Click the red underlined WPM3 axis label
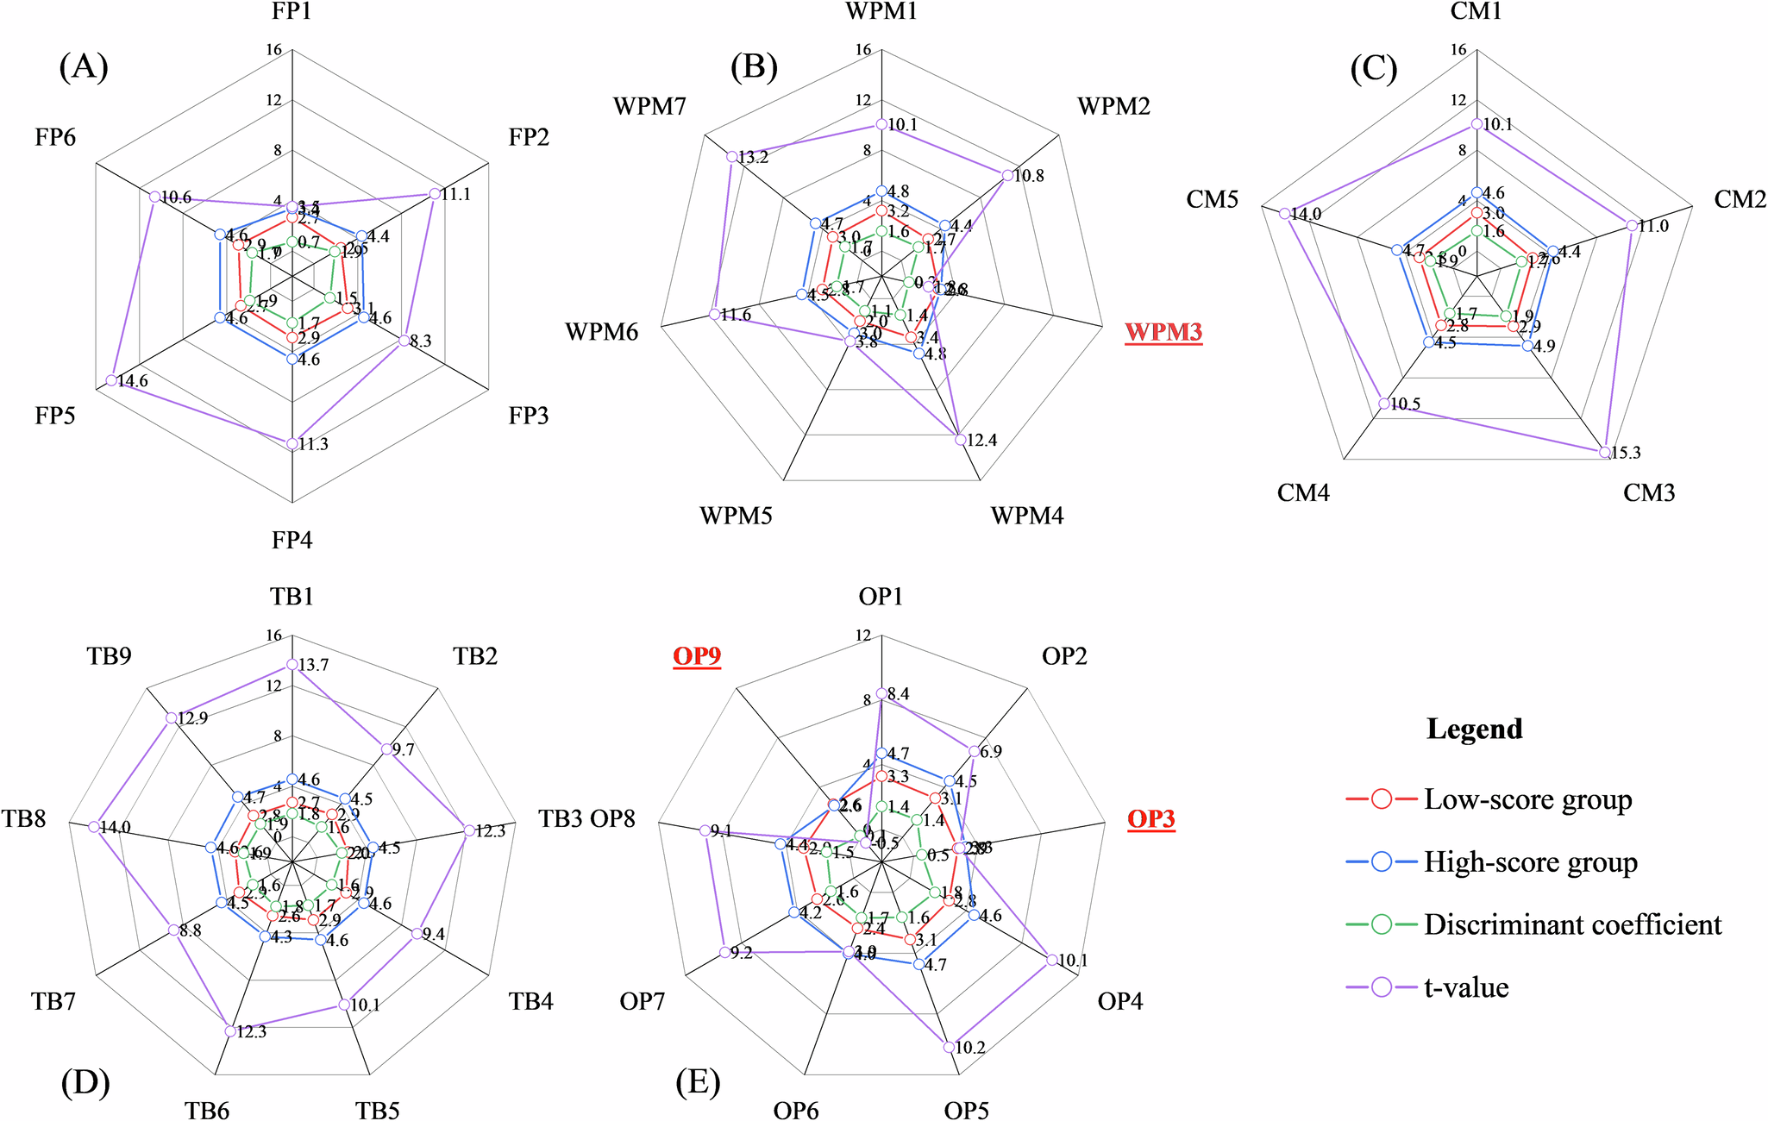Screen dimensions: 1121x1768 point(1163,332)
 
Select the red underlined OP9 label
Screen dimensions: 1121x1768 point(697,657)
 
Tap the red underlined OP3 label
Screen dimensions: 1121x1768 point(1151,818)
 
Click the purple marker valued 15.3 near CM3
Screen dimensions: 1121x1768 point(1604,452)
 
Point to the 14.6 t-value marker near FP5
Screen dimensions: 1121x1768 point(111,380)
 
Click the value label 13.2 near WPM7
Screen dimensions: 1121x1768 point(753,157)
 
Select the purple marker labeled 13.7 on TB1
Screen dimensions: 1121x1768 point(292,665)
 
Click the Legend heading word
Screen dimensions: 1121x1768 point(1474,729)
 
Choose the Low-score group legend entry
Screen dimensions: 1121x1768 point(1527,799)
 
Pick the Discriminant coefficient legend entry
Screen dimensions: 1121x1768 point(1571,924)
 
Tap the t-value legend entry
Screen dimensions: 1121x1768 point(1466,987)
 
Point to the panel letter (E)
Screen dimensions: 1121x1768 point(698,1082)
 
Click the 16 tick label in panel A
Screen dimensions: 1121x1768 point(273,50)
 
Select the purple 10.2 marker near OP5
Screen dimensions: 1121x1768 point(950,1047)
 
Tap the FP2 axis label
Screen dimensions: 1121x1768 point(529,137)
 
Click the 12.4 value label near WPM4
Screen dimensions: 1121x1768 point(981,441)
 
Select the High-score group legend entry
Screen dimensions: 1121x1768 point(1530,862)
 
